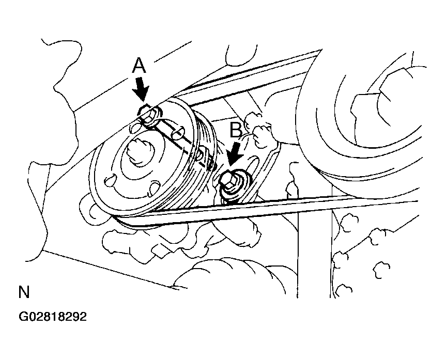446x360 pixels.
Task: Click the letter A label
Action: pos(139,66)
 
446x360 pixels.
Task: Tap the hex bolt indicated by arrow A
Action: pos(148,115)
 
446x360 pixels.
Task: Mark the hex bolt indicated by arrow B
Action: pos(231,181)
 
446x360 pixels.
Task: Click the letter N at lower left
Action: pos(24,292)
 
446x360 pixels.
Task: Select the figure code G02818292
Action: pos(53,317)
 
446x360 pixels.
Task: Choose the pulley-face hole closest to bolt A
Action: pos(135,128)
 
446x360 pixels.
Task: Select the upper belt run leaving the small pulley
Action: pos(253,77)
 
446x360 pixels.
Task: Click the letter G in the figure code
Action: pos(22,317)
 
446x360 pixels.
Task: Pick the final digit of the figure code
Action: pos(83,317)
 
